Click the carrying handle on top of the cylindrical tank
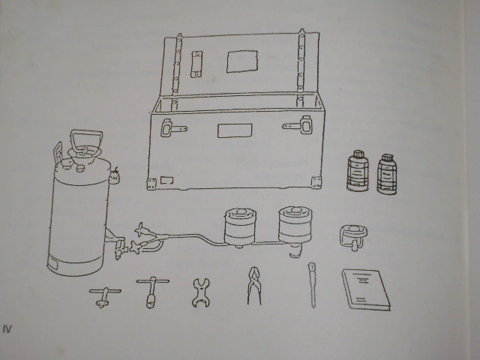click(x=86, y=132)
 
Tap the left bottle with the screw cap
click(x=358, y=171)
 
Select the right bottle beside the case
click(x=387, y=175)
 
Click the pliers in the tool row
click(x=254, y=286)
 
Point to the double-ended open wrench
click(x=201, y=292)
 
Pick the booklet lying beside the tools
click(x=366, y=289)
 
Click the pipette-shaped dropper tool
click(x=312, y=285)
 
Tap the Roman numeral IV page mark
click(x=7, y=329)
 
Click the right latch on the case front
click(x=298, y=125)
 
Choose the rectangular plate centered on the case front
click(x=235, y=130)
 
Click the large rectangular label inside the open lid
click(x=241, y=61)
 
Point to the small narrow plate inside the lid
click(x=196, y=64)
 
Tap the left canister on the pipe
click(x=240, y=226)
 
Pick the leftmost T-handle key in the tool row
click(x=105, y=296)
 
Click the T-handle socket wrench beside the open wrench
click(x=152, y=292)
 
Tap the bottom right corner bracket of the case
click(x=316, y=182)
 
